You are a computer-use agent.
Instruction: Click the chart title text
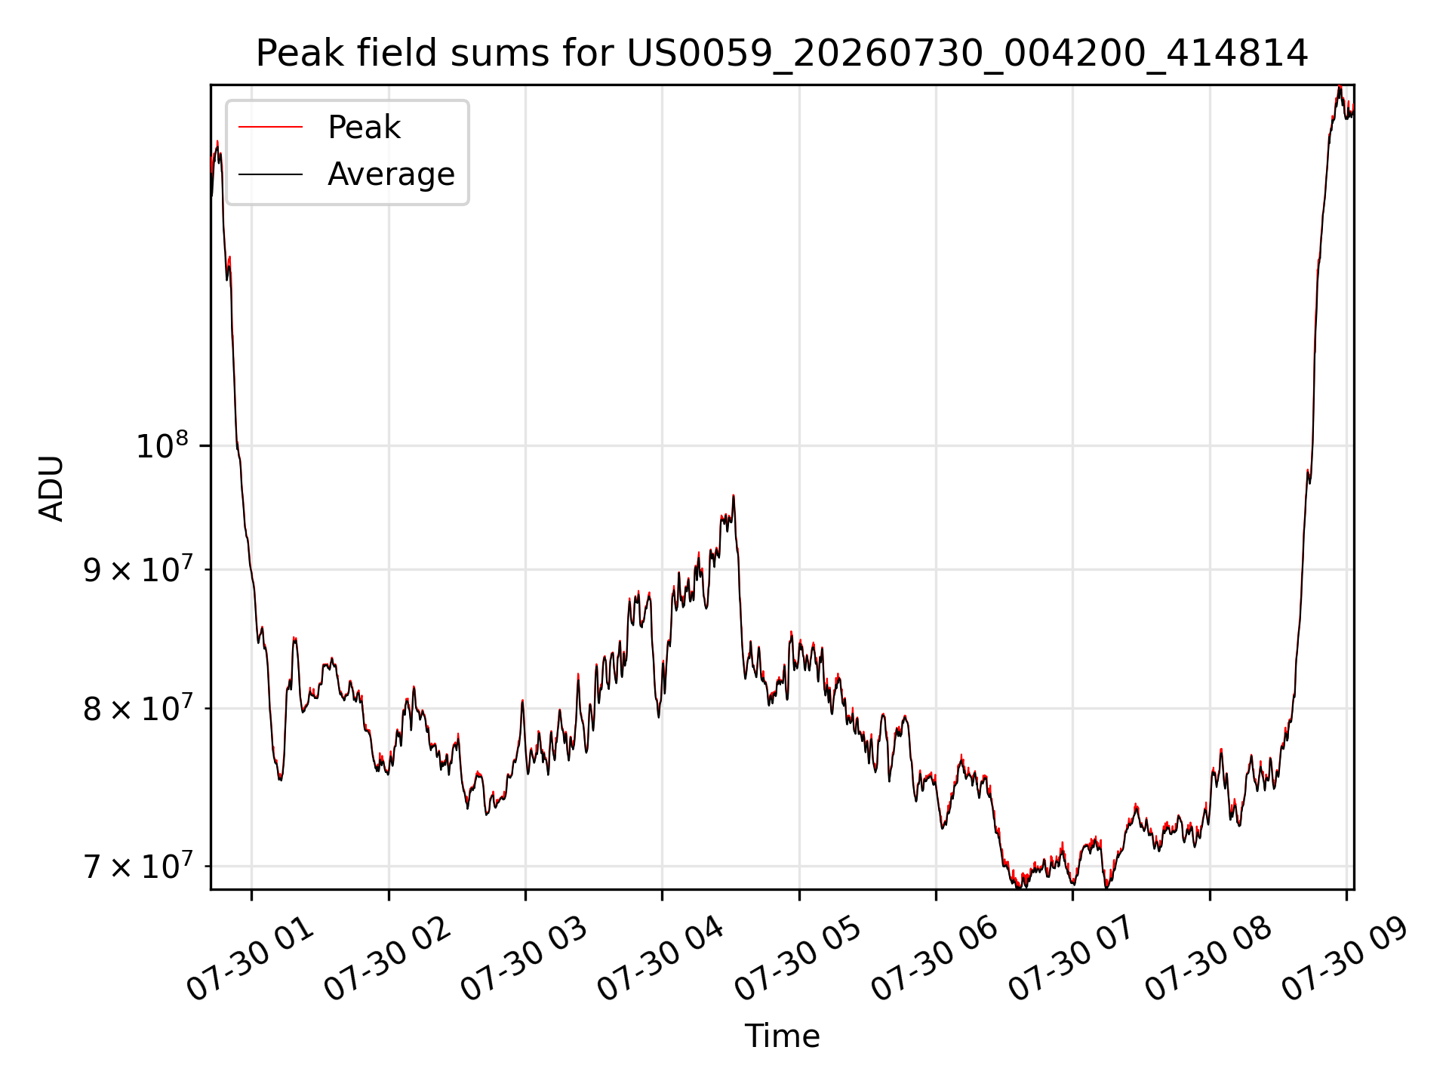click(x=782, y=54)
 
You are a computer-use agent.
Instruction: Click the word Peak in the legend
click(x=364, y=128)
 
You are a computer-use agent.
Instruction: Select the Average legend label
click(x=391, y=174)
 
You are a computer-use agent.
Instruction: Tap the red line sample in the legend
click(x=270, y=128)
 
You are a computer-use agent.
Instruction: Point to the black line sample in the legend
click(x=270, y=174)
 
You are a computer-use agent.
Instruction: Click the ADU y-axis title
click(x=51, y=488)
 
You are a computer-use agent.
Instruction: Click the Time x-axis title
click(x=782, y=1036)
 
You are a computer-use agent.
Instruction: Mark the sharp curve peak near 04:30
click(x=733, y=496)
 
